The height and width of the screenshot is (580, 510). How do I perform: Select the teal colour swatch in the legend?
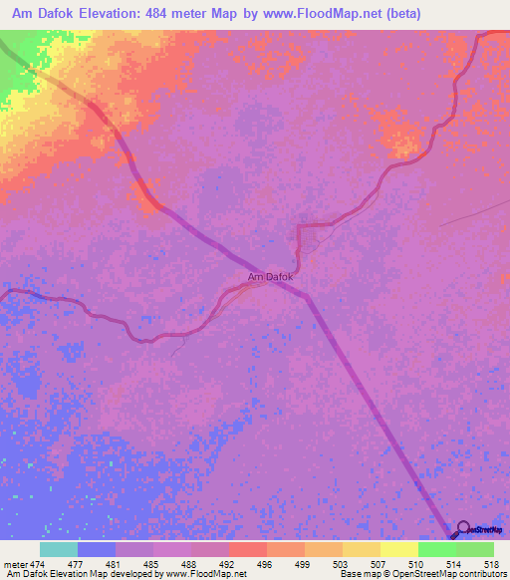[x=59, y=549]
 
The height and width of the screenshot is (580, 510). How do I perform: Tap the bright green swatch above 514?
[x=436, y=549]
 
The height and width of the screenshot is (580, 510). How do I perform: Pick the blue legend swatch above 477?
[x=97, y=549]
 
